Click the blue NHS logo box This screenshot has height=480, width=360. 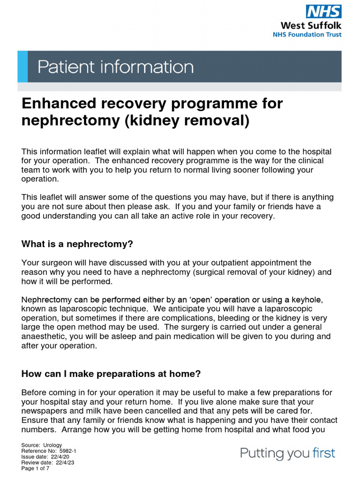(x=323, y=11)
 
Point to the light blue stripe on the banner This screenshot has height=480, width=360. (x=22, y=67)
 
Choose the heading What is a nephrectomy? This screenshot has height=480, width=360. (x=77, y=244)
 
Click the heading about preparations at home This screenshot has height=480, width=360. (x=111, y=374)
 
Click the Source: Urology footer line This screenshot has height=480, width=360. (x=42, y=445)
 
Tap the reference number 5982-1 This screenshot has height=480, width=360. (x=68, y=450)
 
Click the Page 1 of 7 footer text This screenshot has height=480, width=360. (x=35, y=467)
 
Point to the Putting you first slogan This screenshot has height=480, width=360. (x=287, y=453)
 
